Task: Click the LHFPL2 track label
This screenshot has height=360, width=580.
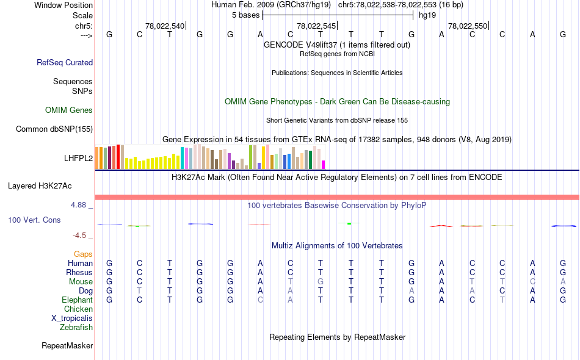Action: click(x=78, y=158)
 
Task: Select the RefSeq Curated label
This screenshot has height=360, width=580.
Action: click(x=65, y=62)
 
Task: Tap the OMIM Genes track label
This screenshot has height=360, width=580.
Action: click(x=69, y=110)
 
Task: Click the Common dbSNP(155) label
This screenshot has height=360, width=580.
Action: click(x=54, y=129)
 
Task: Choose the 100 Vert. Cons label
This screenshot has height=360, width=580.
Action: click(x=34, y=220)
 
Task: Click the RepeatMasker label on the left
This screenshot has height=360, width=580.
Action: click(x=67, y=346)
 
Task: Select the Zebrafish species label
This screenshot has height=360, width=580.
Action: click(x=76, y=328)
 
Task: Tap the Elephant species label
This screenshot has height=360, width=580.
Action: click(x=77, y=300)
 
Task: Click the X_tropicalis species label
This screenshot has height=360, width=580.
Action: click(x=72, y=319)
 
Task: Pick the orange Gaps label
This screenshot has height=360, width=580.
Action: click(x=83, y=254)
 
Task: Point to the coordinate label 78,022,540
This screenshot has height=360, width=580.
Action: click(x=165, y=26)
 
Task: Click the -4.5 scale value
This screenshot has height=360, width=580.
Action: click(x=82, y=236)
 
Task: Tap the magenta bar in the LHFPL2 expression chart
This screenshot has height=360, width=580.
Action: click(x=324, y=164)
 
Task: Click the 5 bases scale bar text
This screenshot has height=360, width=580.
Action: click(x=245, y=15)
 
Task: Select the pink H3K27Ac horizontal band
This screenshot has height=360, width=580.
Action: click(x=336, y=196)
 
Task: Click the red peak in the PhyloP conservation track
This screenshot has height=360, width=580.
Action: click(x=441, y=225)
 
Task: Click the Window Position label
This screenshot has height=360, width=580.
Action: click(x=63, y=5)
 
